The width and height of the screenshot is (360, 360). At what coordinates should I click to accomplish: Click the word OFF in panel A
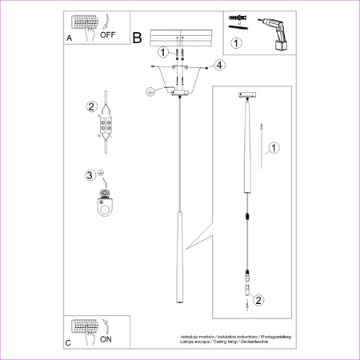click(108, 34)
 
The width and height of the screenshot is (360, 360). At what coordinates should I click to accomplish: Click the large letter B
click(137, 38)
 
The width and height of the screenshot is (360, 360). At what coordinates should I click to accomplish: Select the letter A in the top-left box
click(69, 38)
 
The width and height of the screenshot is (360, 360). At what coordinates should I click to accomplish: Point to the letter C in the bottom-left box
click(69, 342)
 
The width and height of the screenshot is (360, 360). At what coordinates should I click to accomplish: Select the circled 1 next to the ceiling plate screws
click(162, 53)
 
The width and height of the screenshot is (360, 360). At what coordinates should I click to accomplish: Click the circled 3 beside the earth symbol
click(90, 175)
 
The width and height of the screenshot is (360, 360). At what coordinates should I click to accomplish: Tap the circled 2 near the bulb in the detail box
click(258, 301)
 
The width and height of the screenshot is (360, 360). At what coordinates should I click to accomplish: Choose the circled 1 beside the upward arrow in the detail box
click(274, 148)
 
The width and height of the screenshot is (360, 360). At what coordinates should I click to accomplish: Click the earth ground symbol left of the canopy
click(149, 93)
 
